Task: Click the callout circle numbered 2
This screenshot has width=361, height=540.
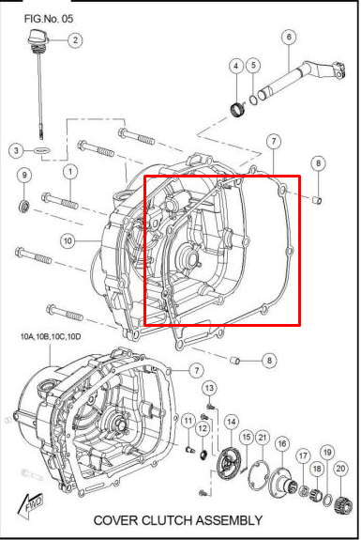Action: [74, 39]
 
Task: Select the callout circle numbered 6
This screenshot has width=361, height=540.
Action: [288, 38]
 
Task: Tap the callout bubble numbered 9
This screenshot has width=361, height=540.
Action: [24, 175]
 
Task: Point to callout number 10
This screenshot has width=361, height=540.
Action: [68, 240]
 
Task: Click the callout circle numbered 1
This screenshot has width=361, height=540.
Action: [69, 172]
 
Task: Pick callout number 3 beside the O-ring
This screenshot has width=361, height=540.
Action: [16, 150]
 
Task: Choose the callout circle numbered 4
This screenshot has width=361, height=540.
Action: [237, 66]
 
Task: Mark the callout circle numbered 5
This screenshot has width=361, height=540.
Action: [254, 66]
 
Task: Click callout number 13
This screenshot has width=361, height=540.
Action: [210, 388]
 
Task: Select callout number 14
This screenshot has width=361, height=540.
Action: [231, 422]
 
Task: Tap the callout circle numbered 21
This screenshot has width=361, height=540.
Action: [263, 437]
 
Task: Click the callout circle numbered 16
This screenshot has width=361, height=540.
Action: [282, 443]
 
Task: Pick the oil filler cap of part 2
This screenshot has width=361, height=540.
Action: [38, 38]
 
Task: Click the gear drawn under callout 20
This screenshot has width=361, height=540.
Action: [341, 492]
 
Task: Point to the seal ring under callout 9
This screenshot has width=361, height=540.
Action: [24, 205]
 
